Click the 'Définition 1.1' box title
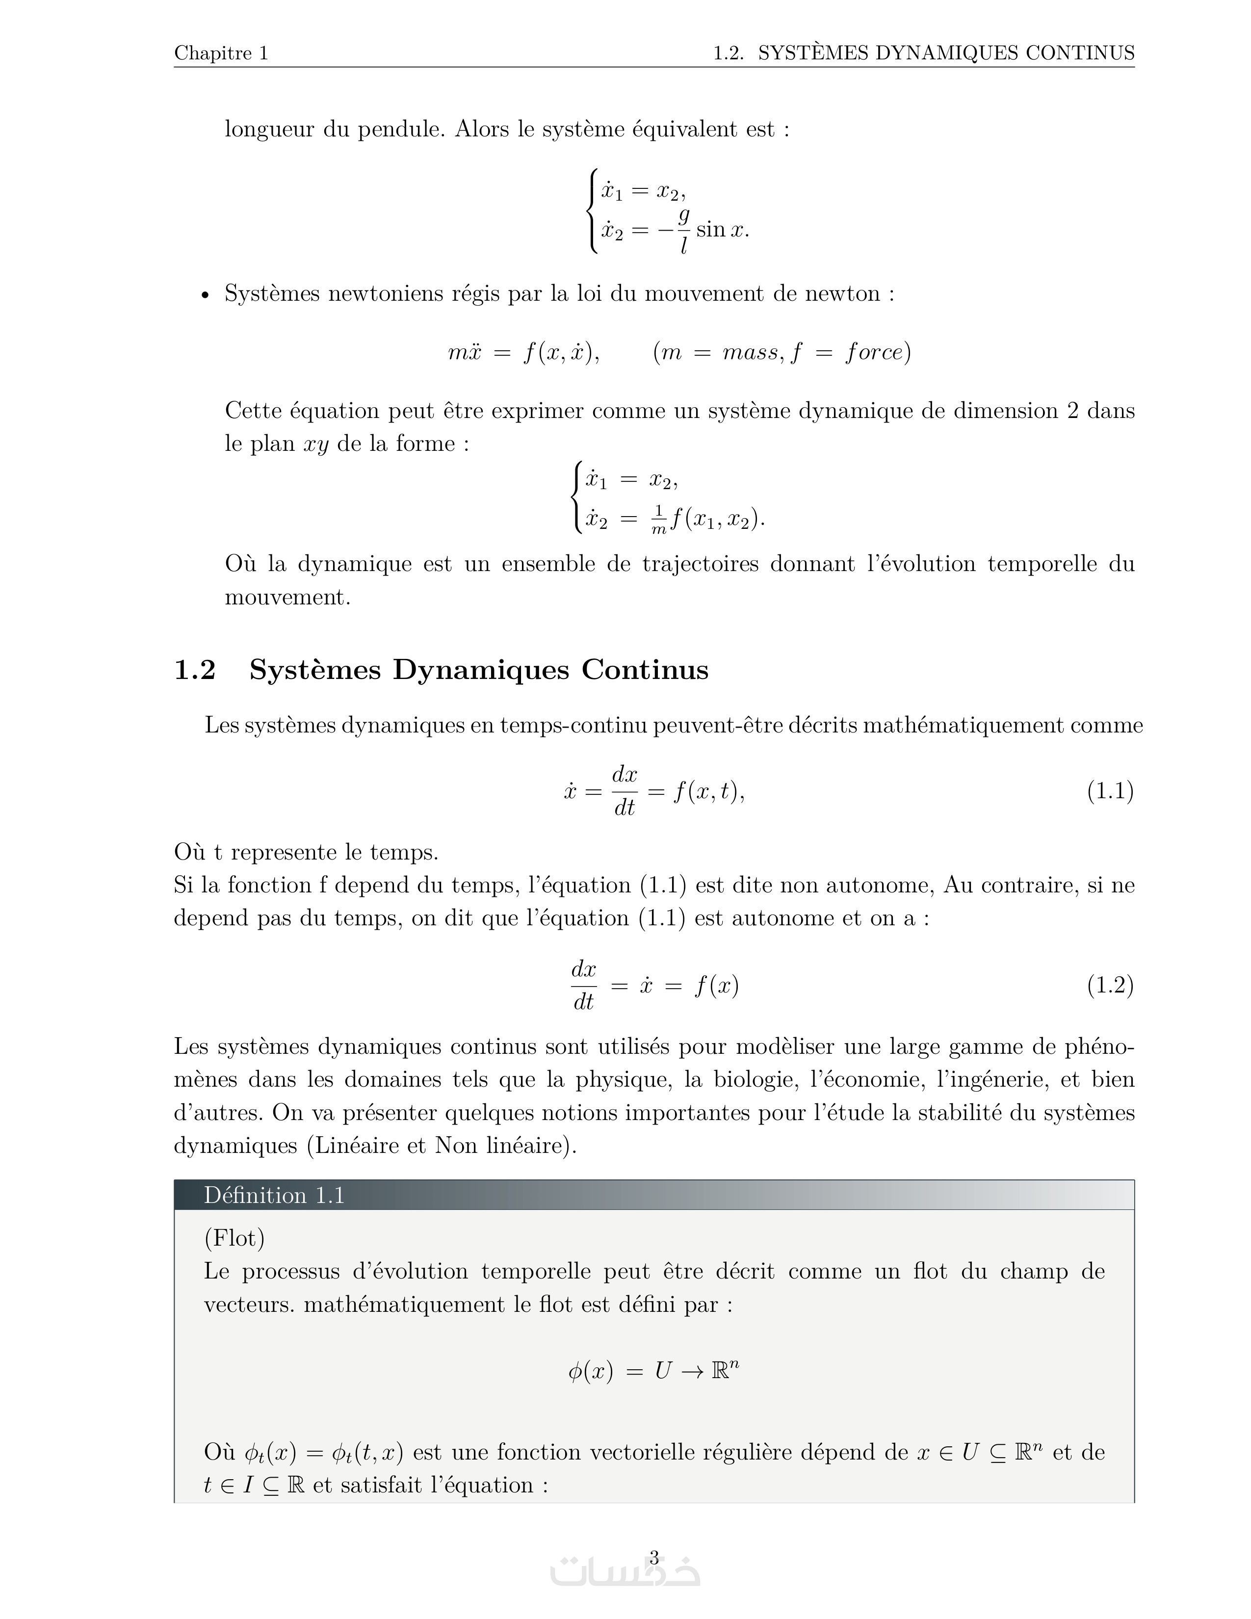[x=274, y=1195]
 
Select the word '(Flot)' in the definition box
[x=234, y=1238]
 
